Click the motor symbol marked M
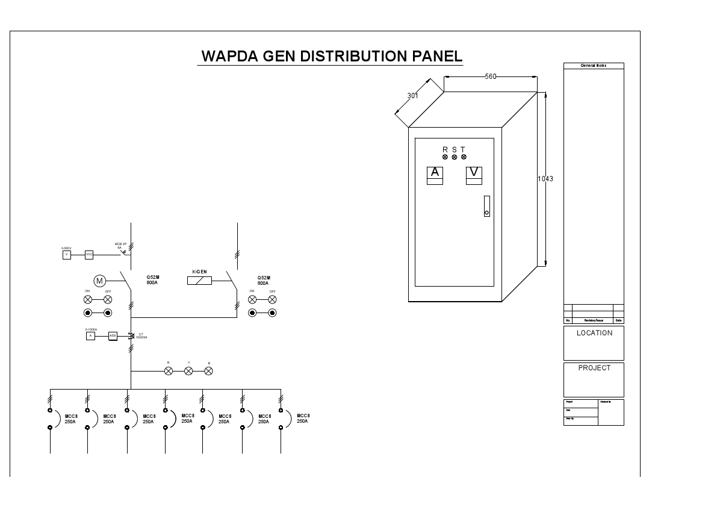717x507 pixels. [99, 281]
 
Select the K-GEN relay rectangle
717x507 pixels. [199, 280]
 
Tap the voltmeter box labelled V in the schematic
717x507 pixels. [67, 255]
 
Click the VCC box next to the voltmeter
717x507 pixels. [89, 255]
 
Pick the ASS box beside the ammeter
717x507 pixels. [113, 336]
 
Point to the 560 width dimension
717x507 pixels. [491, 76]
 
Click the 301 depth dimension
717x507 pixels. [413, 96]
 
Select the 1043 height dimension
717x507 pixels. [545, 179]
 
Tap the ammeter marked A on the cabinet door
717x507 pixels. [435, 173]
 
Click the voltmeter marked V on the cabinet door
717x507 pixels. [474, 173]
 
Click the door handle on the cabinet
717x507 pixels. [486, 206]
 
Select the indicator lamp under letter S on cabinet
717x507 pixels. [455, 157]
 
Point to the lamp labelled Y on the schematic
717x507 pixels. [188, 371]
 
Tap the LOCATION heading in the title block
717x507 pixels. [594, 333]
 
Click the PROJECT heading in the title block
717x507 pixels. [594, 368]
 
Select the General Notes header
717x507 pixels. [594, 66]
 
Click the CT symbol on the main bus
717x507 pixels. [131, 335]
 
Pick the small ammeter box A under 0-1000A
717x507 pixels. [90, 336]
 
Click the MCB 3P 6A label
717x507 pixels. [120, 246]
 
